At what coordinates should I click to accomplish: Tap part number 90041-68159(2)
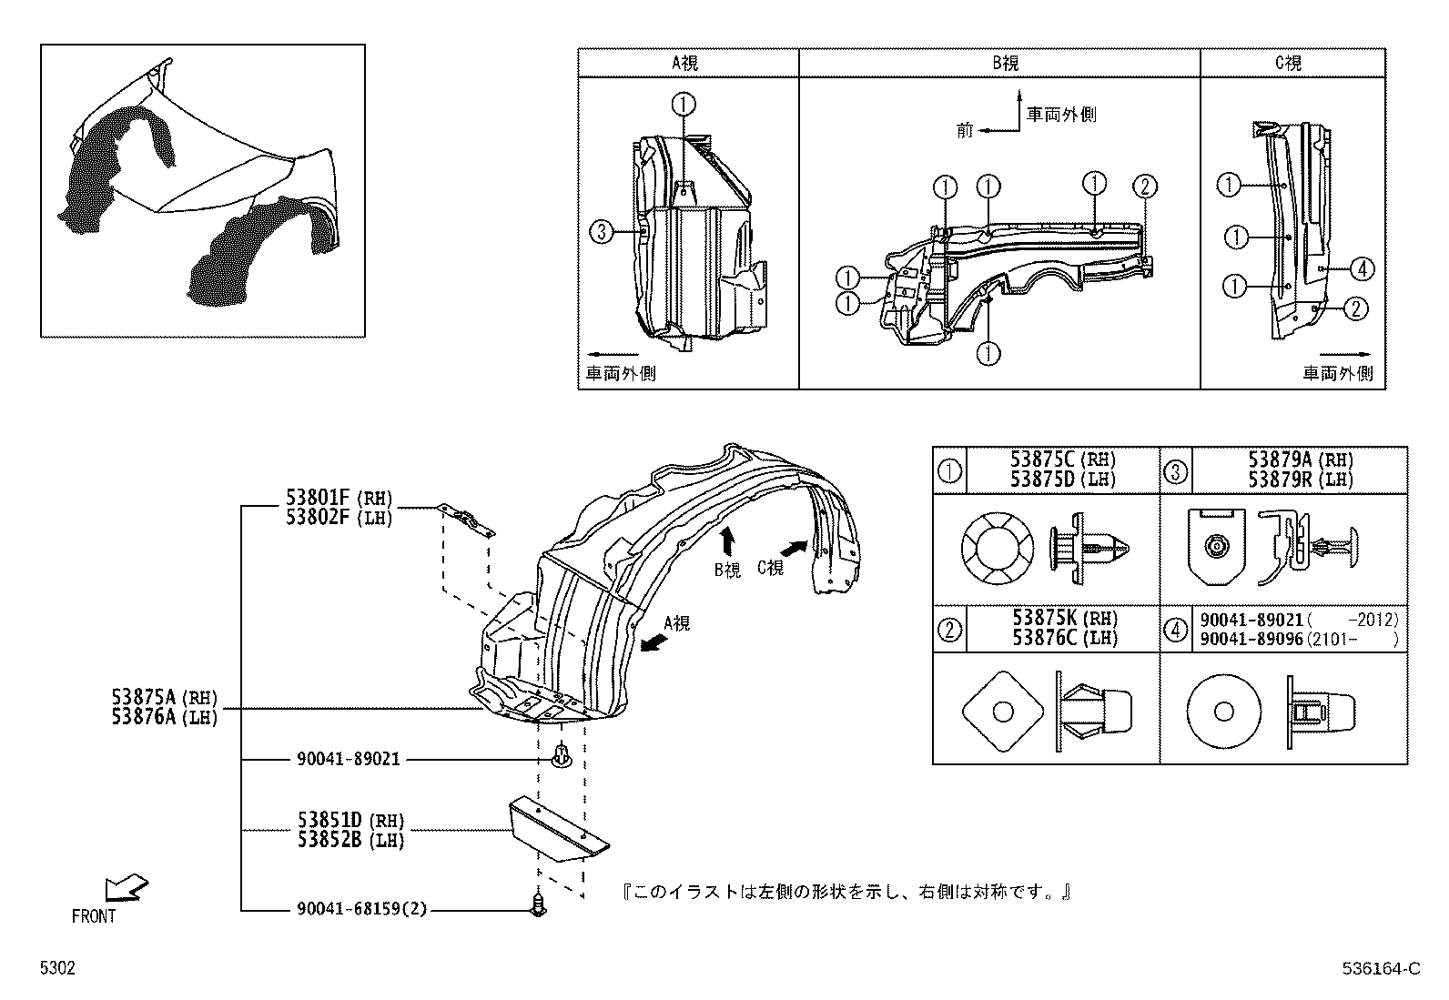pos(361,909)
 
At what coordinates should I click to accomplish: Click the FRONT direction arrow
pos(126,887)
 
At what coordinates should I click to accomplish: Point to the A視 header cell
pos(688,63)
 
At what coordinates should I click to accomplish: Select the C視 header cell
pos(1291,63)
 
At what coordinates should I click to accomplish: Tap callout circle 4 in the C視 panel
pos(1361,268)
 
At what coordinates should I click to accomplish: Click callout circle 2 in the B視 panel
pos(1144,187)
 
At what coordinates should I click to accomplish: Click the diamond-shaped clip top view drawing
pos(1000,709)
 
